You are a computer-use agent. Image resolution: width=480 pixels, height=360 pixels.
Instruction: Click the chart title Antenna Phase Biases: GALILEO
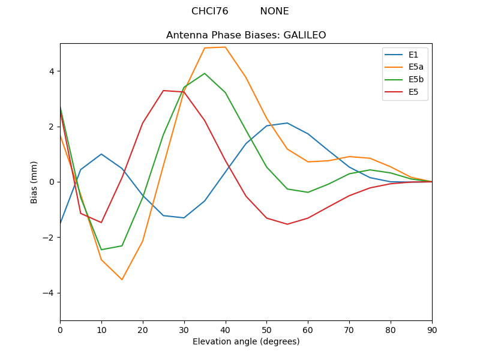click(246, 35)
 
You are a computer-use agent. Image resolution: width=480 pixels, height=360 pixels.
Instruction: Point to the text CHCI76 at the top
click(209, 11)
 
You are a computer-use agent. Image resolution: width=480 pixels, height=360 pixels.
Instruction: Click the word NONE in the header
click(274, 11)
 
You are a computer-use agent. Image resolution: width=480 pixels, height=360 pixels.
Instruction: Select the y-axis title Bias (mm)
click(34, 182)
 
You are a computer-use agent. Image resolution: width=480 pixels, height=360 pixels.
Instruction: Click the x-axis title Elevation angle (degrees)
click(246, 341)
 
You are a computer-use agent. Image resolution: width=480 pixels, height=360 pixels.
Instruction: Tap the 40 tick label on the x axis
click(226, 329)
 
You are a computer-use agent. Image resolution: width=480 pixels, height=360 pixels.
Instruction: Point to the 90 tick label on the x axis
click(432, 329)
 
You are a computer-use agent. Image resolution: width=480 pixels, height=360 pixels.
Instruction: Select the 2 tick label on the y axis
click(52, 127)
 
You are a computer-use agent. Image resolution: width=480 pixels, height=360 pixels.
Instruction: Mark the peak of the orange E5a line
click(225, 47)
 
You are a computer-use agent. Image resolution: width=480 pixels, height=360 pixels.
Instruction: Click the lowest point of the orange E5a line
click(122, 280)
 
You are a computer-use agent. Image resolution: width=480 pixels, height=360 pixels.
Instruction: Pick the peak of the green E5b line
click(205, 73)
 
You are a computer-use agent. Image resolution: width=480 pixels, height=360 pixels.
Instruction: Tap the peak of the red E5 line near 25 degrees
click(163, 91)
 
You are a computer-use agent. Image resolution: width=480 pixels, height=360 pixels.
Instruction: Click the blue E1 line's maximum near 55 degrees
click(287, 123)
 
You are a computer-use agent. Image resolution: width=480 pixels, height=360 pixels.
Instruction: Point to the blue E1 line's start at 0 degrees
click(61, 223)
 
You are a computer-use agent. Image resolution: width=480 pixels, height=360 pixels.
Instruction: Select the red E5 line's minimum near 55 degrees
click(287, 224)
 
